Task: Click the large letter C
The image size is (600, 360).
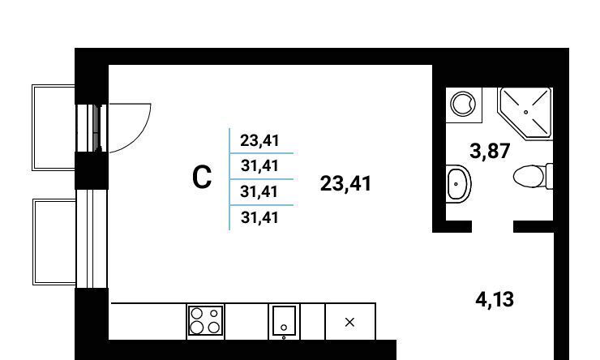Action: pyautogui.click(x=203, y=178)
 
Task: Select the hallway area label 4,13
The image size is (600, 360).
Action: pyautogui.click(x=494, y=299)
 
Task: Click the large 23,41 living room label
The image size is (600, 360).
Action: pyautogui.click(x=346, y=184)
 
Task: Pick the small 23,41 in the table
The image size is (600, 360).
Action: pyautogui.click(x=259, y=141)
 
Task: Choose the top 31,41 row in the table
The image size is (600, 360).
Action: pyautogui.click(x=259, y=166)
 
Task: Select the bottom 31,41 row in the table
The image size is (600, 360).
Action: pyautogui.click(x=259, y=216)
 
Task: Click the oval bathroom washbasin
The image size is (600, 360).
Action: pyautogui.click(x=458, y=185)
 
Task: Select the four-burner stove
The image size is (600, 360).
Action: pyautogui.click(x=206, y=321)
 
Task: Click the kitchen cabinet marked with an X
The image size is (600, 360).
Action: pyautogui.click(x=350, y=322)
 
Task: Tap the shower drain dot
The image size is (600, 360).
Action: pyautogui.click(x=525, y=110)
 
